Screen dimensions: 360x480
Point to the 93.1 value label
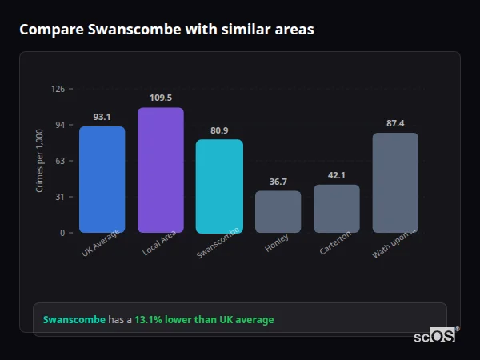click(102, 117)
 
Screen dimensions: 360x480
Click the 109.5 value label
click(160, 98)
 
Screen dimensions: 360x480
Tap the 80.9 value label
click(219, 130)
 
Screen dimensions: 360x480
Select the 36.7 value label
click(278, 182)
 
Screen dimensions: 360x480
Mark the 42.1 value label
click(336, 175)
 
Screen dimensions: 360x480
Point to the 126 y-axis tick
click(58, 89)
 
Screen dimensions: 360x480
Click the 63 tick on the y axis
click(60, 161)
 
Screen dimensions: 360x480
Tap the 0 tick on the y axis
click(62, 233)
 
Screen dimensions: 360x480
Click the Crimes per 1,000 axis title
click(40, 161)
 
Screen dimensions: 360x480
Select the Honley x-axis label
click(277, 243)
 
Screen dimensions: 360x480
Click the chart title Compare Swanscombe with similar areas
click(166, 30)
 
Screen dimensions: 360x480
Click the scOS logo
click(435, 336)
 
